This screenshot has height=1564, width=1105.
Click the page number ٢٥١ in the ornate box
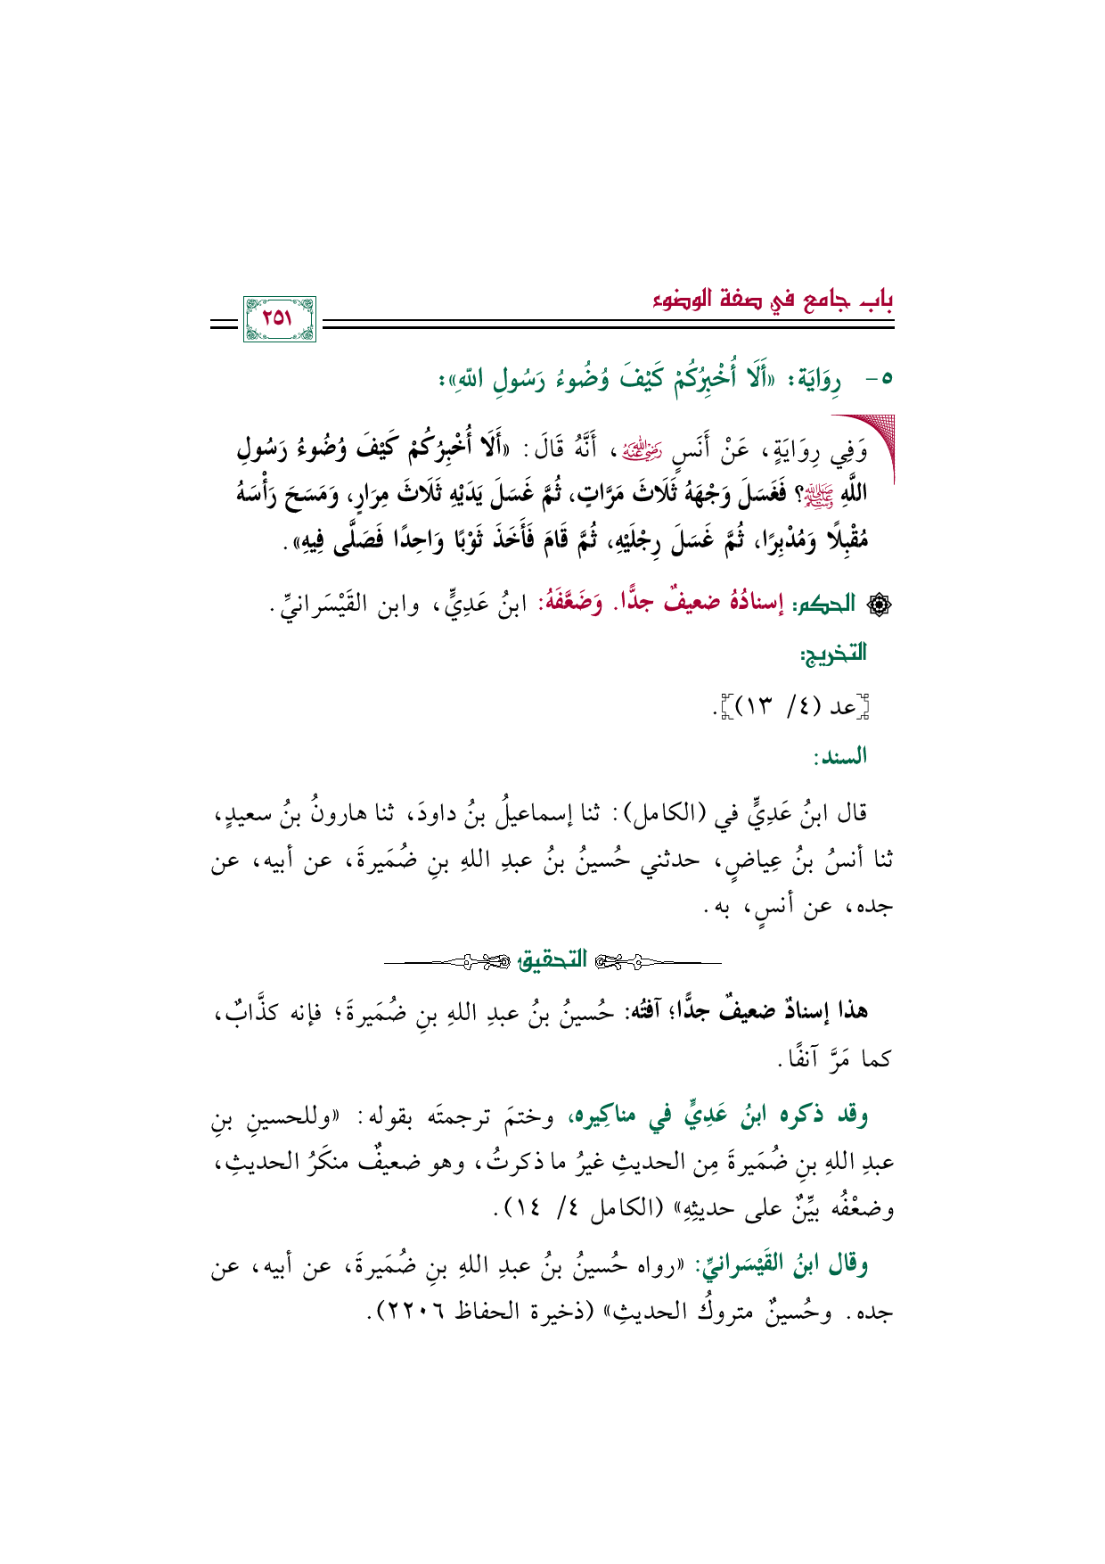click(x=278, y=318)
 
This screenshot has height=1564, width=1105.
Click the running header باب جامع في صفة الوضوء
click(x=772, y=299)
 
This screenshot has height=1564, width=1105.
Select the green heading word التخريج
click(x=833, y=654)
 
